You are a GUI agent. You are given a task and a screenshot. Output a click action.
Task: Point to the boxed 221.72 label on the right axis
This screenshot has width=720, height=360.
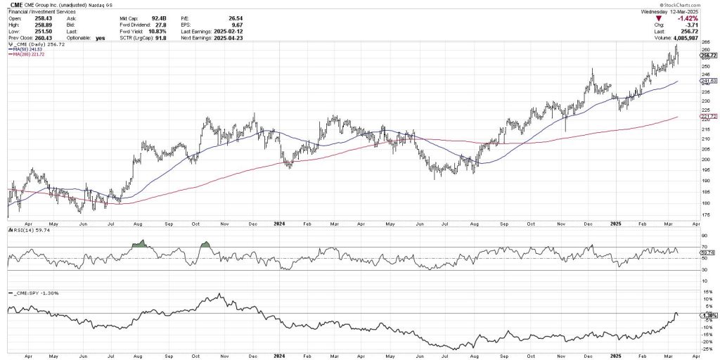coord(708,116)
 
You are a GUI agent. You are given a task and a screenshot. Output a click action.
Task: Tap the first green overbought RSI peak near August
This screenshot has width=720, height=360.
coord(141,243)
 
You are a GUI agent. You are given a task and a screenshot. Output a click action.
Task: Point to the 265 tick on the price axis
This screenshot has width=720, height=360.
coord(705,43)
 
